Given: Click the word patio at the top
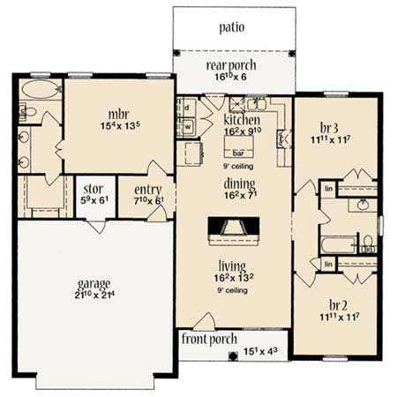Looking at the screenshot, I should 234,27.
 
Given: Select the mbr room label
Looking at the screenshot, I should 119,114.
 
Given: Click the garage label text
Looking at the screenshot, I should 94,283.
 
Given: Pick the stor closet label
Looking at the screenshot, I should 94,189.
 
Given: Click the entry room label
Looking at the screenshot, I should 146,189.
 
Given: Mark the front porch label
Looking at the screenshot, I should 207,338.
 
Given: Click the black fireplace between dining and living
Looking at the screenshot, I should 234,230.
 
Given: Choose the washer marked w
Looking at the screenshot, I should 188,125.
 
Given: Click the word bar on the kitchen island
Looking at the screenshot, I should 238,151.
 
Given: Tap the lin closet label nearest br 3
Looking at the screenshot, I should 327,188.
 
